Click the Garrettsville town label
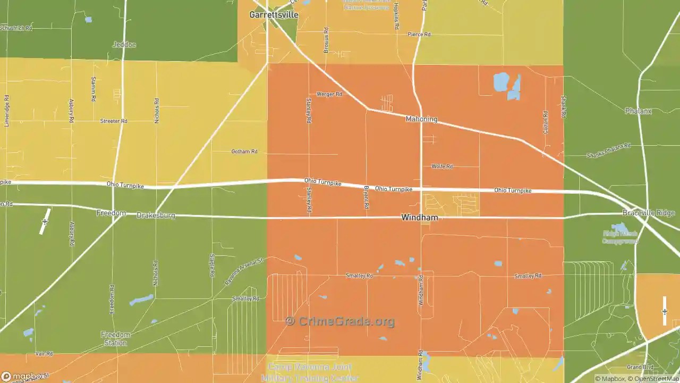[x=274, y=15]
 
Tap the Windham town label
[x=420, y=218]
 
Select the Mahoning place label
[x=421, y=119]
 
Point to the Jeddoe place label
[x=124, y=45]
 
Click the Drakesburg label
[x=156, y=215]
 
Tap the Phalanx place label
[x=638, y=111]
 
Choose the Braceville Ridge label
[x=648, y=213]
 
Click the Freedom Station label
[x=115, y=339]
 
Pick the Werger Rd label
[x=329, y=94]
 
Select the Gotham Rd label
[x=244, y=152]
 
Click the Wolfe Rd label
[x=442, y=166]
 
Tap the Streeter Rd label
[x=114, y=121]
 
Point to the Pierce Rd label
[x=419, y=35]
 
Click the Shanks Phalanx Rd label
[x=608, y=151]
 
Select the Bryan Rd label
[x=366, y=197]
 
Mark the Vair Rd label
[x=44, y=354]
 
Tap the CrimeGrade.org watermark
[x=340, y=321]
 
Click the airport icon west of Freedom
[x=45, y=221]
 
